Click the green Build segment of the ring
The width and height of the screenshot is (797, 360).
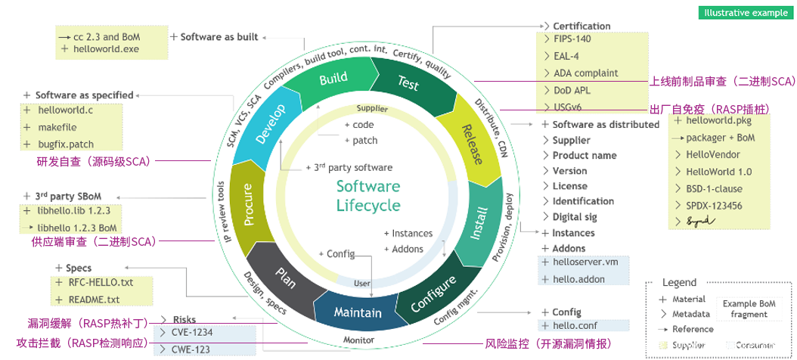coord(333,79)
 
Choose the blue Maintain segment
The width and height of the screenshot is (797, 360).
coord(358,311)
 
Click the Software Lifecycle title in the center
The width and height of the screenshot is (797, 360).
coord(368,195)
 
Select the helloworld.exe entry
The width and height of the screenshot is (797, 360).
coord(106,48)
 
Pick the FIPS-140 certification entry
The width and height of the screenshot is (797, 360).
coord(572,39)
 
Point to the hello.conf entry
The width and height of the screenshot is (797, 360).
coord(574,325)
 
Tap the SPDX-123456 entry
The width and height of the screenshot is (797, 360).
coord(714,205)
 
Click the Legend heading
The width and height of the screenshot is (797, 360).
coord(679,282)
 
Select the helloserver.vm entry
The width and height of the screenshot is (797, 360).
coord(585,262)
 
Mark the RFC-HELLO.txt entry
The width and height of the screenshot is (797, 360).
coord(101,282)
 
